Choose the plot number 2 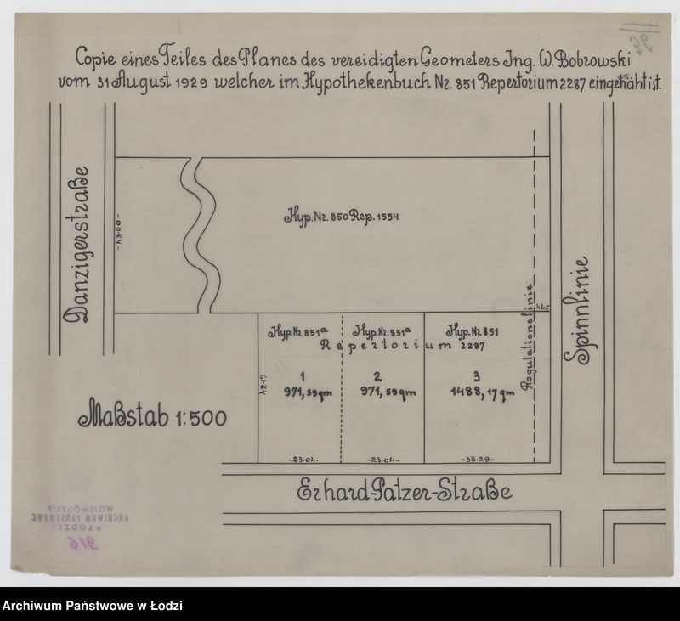(x=377, y=375)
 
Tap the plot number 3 (x=479, y=375)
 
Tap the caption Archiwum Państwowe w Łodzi (x=92, y=607)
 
